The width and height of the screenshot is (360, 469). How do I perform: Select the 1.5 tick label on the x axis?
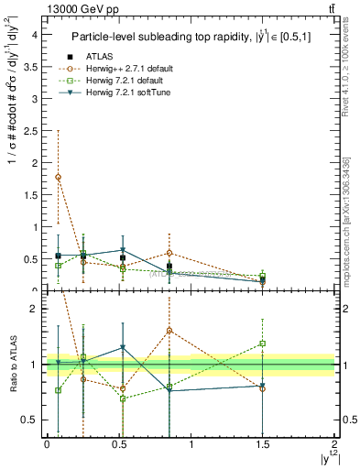(263, 444)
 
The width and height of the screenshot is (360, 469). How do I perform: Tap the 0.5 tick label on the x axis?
(118, 444)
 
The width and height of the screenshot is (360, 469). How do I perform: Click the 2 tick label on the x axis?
(334, 444)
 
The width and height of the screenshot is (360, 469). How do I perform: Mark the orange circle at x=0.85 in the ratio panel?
(169, 330)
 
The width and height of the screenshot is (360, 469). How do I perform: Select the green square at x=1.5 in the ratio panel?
(263, 344)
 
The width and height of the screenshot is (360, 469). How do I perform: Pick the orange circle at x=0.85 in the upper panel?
(169, 253)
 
